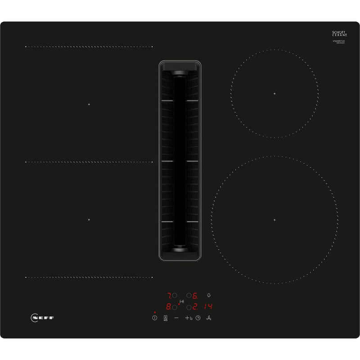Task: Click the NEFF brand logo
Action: tap(43, 318)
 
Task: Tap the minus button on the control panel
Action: tap(176, 318)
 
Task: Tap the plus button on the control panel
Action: tap(187, 318)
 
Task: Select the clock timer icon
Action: tap(198, 318)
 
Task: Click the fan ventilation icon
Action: tap(208, 318)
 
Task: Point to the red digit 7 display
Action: tap(169, 296)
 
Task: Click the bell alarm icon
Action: tap(208, 296)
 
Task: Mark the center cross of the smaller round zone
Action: tap(274, 94)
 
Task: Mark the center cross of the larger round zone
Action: tap(274, 220)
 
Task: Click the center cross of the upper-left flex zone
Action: tap(89, 104)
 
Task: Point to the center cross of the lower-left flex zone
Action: tap(89, 220)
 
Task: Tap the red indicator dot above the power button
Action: tap(154, 311)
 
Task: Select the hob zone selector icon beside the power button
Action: tap(165, 318)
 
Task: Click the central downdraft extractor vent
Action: tap(180, 161)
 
